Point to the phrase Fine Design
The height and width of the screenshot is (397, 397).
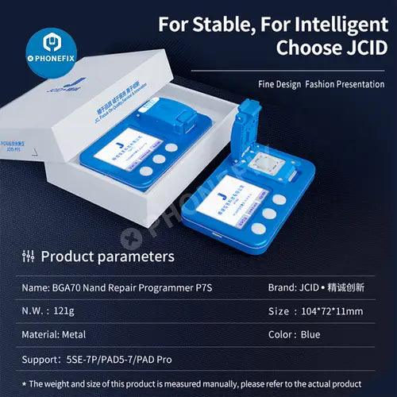click(x=279, y=83)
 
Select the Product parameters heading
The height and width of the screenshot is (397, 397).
click(x=107, y=256)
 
